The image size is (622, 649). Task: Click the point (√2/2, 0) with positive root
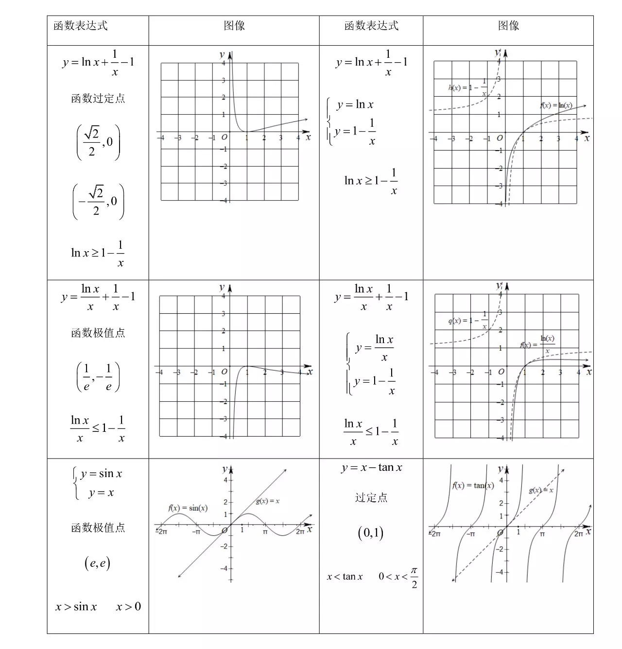click(x=98, y=142)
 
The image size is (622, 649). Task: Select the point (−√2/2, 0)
click(x=98, y=202)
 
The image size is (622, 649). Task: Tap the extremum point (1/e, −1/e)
click(x=98, y=377)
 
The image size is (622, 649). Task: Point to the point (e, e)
click(x=97, y=563)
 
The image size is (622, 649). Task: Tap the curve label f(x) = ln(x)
click(x=556, y=105)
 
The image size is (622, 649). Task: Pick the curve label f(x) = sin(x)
click(x=188, y=508)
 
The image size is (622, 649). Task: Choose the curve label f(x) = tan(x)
click(x=473, y=485)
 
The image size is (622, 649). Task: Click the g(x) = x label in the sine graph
click(x=268, y=501)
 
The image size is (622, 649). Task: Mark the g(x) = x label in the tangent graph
click(x=541, y=490)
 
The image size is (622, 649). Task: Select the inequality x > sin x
click(x=76, y=607)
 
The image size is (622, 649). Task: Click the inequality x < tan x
click(x=345, y=577)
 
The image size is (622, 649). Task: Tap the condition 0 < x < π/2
click(x=398, y=577)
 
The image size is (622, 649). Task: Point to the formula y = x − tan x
click(x=372, y=468)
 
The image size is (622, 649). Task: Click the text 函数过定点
click(x=98, y=99)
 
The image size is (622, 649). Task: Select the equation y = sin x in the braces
click(x=101, y=474)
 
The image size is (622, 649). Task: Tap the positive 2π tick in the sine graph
click(x=300, y=532)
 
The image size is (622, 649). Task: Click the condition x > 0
click(x=128, y=607)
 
